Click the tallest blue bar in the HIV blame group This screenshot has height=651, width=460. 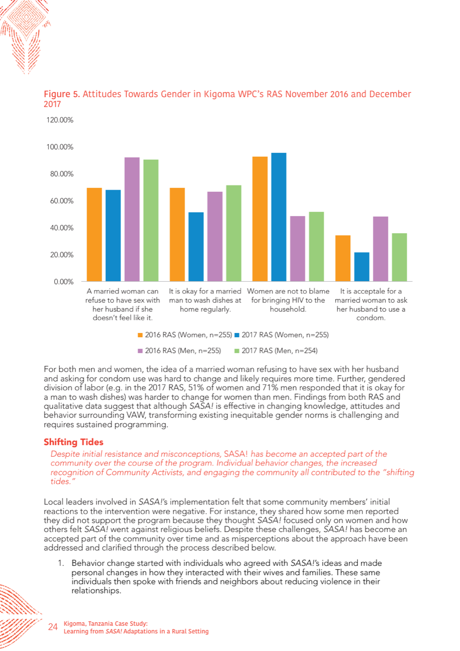pos(279,217)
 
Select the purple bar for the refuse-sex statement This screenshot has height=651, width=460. pos(132,219)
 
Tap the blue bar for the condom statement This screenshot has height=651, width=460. pos(362,267)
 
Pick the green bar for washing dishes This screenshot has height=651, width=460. pos(234,233)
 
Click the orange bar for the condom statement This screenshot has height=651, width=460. pos(343,258)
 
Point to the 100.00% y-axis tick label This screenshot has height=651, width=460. pos(60,147)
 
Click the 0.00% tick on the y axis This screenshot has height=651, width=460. pos(64,282)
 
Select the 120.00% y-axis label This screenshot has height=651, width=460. pos(60,120)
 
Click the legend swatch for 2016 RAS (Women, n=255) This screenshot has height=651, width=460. pos(140,335)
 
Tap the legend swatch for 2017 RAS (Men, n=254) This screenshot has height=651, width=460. pos(237,351)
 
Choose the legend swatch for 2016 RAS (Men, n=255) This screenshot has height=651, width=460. pos(140,351)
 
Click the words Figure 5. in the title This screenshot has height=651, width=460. pos(62,94)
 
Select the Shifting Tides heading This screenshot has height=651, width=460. pos(73,442)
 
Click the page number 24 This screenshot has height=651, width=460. pos(53,627)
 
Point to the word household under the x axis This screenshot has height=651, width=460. pos(287,309)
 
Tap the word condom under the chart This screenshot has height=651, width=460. pos(370,318)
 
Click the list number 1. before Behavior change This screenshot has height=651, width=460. pos(61,563)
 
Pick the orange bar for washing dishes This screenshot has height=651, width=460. pos(177,234)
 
